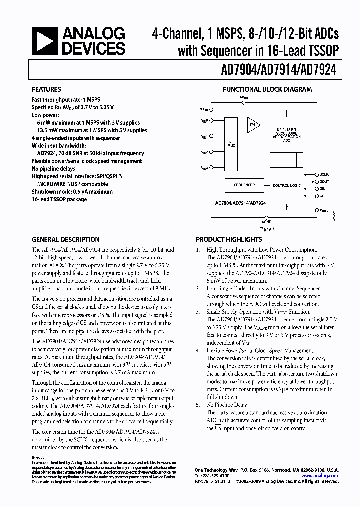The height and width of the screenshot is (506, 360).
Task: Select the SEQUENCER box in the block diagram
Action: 244,185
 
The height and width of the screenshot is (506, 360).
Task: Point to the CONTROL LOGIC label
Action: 287,185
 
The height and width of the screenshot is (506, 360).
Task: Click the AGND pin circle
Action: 267,215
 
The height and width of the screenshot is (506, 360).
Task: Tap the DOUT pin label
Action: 324,181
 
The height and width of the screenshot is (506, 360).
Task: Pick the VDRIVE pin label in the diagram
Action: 325,211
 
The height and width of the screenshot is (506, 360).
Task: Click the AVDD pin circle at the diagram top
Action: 243,103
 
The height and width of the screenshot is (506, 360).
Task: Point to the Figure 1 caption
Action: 267,230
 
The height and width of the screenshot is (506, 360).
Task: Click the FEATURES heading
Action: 47,90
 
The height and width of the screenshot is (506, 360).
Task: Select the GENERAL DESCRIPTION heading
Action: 66,239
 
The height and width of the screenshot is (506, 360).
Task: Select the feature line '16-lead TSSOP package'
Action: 59,199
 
